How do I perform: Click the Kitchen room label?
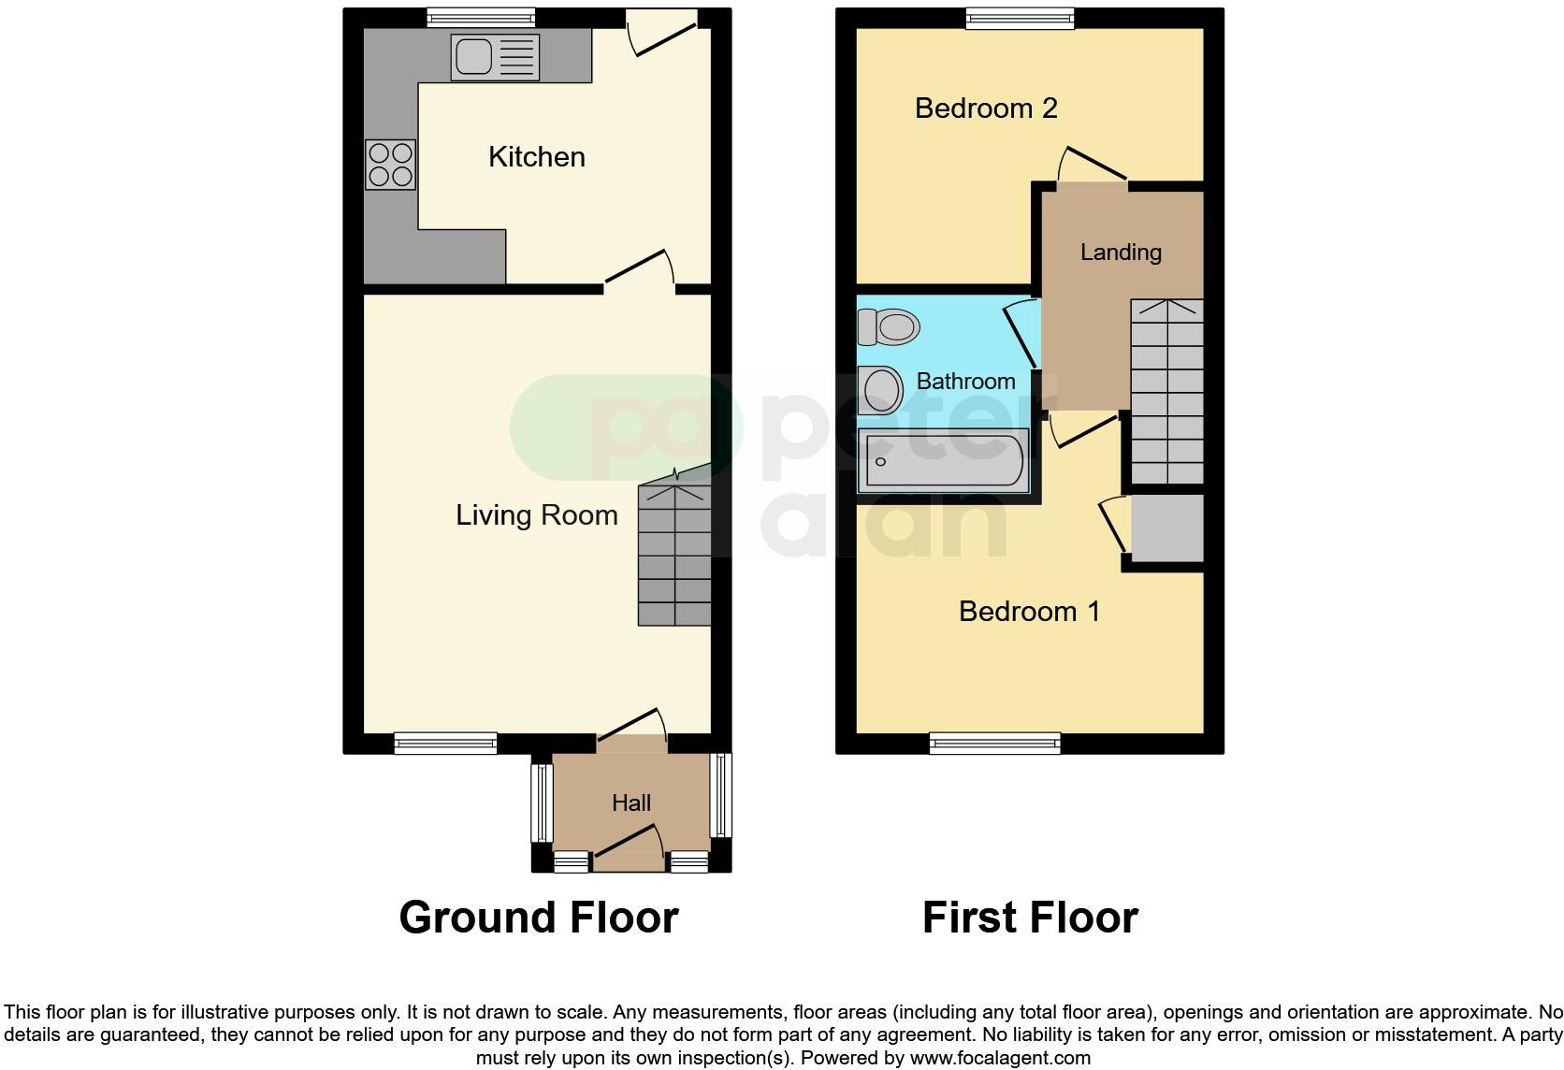pos(536,156)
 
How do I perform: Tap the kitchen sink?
pos(495,57)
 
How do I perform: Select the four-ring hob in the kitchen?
pos(390,165)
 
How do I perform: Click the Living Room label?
pos(536,514)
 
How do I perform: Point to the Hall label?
pos(631,802)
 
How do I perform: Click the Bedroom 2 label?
pos(986,108)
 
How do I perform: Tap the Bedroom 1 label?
pos(1029,611)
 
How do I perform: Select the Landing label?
pos(1121,252)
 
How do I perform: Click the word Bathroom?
pos(965,381)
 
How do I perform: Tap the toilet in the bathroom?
pos(889,327)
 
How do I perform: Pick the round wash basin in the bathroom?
pos(880,389)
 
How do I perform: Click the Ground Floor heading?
pos(538,918)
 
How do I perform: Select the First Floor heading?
pos(1030,918)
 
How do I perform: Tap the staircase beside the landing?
pos(1166,392)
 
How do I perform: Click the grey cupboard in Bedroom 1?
pos(1166,528)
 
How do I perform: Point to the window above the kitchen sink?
pos(481,16)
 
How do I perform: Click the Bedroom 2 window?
pos(1020,16)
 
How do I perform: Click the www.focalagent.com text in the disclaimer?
pos(1000,1058)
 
